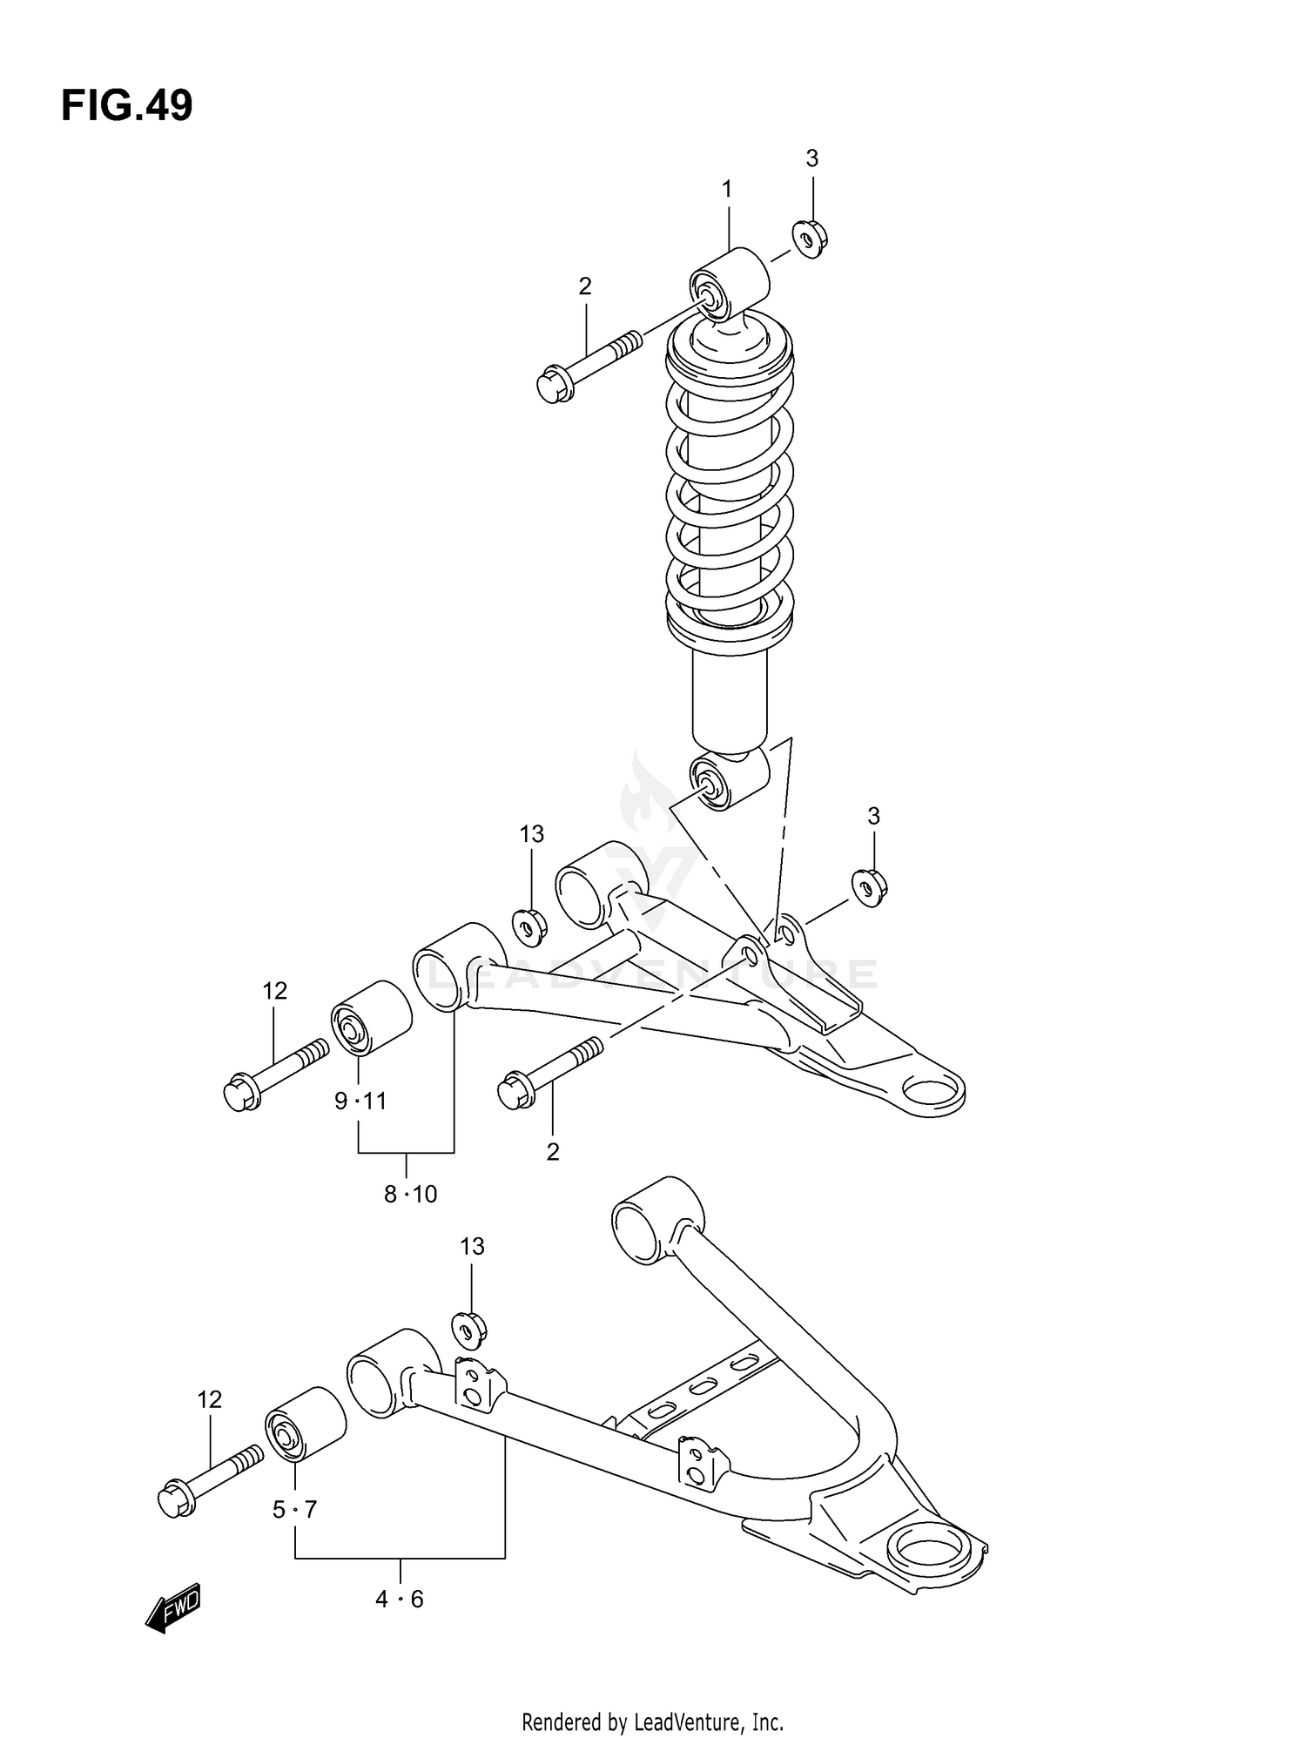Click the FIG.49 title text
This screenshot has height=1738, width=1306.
point(127,106)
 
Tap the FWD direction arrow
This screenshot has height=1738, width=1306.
point(173,1607)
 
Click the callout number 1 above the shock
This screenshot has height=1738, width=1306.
point(727,189)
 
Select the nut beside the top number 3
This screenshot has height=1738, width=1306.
point(810,239)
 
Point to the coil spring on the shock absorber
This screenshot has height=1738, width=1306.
point(730,488)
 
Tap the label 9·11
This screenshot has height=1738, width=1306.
point(360,1101)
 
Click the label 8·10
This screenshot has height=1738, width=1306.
point(410,1194)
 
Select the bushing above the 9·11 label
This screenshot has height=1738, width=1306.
point(371,1016)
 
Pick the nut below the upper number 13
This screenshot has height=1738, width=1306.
point(528,926)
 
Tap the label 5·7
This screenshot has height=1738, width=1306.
point(294,1509)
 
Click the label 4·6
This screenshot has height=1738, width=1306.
point(400,1599)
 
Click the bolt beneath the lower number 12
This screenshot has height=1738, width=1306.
point(209,1479)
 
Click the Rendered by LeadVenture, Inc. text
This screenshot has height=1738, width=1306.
point(652,1721)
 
